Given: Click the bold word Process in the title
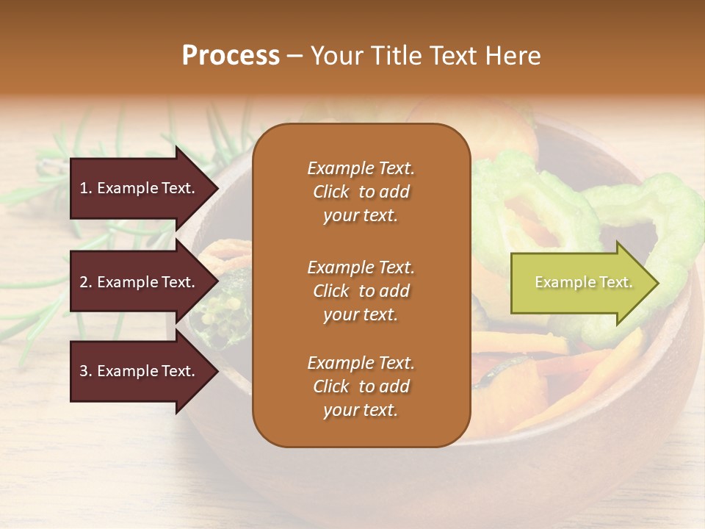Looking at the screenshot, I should pyautogui.click(x=231, y=56).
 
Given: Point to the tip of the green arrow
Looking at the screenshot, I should pyautogui.click(x=657, y=283).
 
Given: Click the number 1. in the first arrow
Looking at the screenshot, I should pyautogui.click(x=86, y=188).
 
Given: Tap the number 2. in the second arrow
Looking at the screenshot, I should pyautogui.click(x=86, y=282).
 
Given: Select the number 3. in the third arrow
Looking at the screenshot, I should pyautogui.click(x=86, y=371).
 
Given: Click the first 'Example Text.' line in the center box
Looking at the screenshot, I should pyautogui.click(x=361, y=168).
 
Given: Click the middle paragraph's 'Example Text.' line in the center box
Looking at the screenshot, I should pyautogui.click(x=361, y=267).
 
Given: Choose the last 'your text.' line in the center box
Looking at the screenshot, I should pyautogui.click(x=361, y=410).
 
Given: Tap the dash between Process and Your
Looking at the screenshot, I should pyautogui.click(x=294, y=56).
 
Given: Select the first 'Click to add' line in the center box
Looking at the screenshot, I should pyautogui.click(x=361, y=192).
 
